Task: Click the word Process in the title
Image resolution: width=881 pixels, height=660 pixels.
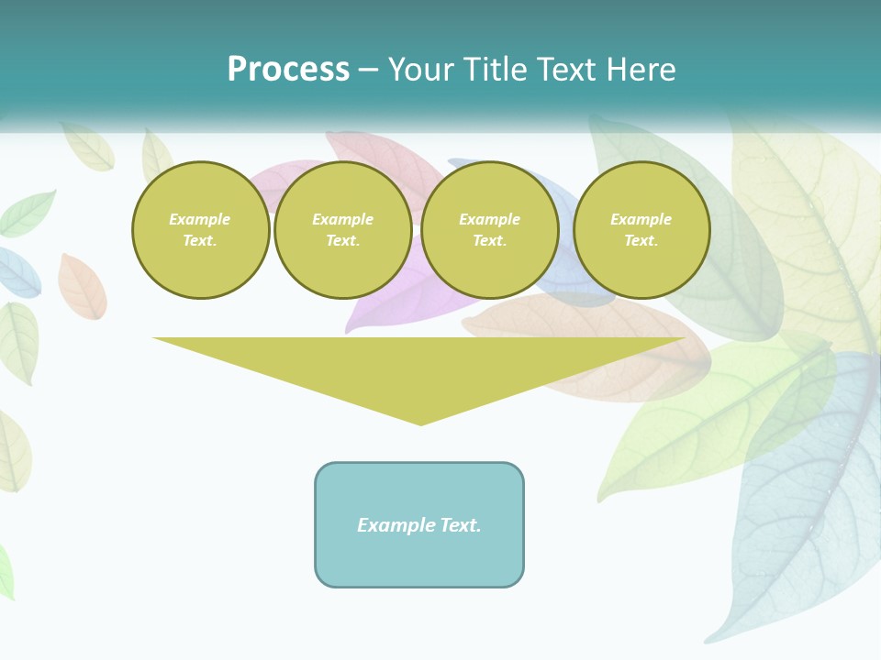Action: pos(288,70)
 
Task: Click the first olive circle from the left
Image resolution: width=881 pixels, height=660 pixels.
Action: pos(200,230)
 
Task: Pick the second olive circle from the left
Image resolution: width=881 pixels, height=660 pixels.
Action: pos(342,230)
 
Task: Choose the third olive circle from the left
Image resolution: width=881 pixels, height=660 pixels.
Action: pos(490,230)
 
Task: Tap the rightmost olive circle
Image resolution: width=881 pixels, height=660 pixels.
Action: pos(641,230)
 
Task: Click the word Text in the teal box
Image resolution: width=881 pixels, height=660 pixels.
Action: pos(460,525)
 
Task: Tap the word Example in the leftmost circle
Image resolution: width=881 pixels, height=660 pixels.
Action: pos(200,219)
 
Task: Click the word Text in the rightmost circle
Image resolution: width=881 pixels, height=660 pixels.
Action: pos(641,241)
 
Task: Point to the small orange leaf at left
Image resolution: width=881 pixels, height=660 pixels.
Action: pos(82,286)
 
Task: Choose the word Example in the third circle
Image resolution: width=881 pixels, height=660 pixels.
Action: pos(490,219)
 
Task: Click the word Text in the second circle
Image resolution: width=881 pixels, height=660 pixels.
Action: pos(342,241)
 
